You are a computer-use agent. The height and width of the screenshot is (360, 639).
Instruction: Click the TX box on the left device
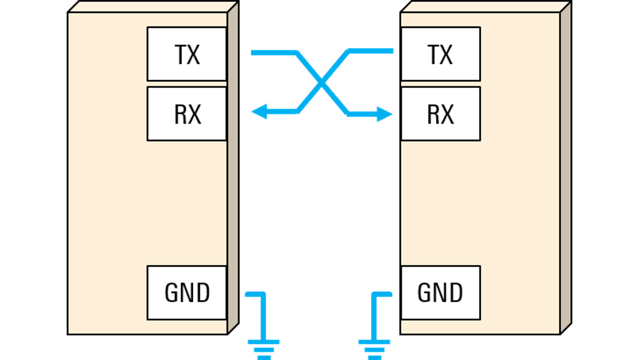pos(187,54)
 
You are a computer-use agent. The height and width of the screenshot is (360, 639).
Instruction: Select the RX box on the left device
pos(187,114)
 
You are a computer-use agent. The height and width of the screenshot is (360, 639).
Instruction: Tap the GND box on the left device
pos(187,293)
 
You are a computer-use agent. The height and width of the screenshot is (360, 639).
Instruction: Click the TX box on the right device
pos(441,54)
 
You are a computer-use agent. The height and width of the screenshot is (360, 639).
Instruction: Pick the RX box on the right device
pos(441,114)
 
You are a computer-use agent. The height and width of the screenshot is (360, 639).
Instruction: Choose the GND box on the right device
pos(441,293)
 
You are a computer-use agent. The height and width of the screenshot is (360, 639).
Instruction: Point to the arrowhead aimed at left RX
pos(259,111)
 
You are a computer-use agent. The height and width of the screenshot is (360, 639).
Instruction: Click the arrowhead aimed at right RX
pos(384,114)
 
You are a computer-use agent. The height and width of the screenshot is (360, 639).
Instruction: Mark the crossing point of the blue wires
pos(321,83)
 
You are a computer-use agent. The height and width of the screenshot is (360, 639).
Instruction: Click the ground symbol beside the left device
pos(264,350)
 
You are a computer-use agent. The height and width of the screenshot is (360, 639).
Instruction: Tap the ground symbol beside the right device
pos(374,350)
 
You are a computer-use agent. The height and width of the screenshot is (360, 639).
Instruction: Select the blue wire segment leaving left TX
pos(274,53)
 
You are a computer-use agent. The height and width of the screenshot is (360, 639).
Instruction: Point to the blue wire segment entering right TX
pos(370,51)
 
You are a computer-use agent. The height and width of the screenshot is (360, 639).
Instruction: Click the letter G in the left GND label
pos(172,293)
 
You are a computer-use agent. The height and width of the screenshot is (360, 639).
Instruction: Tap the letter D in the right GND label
pos(455,293)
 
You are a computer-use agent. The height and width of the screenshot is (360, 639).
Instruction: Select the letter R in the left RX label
pos(180,114)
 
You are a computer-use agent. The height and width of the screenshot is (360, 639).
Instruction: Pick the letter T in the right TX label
pos(434,54)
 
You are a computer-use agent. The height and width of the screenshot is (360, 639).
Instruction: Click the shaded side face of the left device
pos(233,168)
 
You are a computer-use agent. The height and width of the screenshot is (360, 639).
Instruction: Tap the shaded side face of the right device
pos(566,168)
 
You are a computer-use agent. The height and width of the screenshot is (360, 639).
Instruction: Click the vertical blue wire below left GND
pos(264,317)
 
